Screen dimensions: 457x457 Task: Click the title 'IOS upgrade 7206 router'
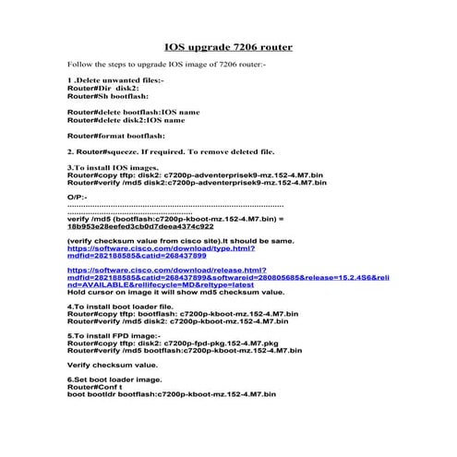[x=228, y=45]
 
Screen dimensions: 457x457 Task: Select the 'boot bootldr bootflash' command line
[x=171, y=396]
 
